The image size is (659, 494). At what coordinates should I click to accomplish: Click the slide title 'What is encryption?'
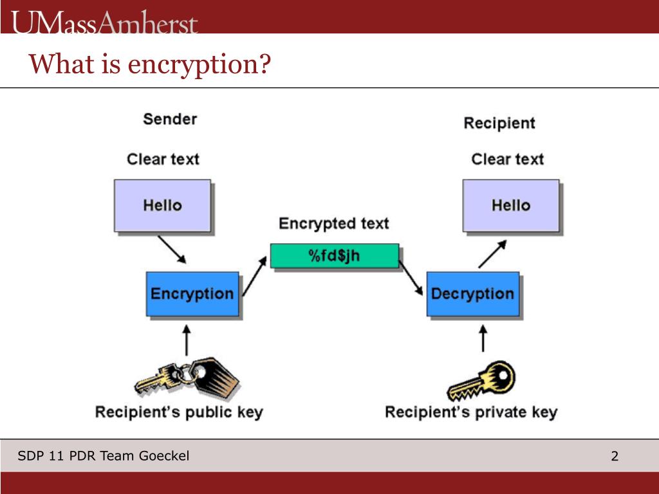[x=149, y=64]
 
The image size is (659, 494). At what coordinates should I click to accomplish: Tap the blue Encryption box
[x=192, y=294]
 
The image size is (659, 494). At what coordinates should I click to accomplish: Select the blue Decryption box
[x=472, y=294]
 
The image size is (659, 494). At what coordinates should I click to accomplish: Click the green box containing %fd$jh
[x=334, y=255]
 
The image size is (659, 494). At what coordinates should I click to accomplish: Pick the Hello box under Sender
[x=162, y=206]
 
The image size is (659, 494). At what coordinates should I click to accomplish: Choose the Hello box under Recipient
[x=511, y=206]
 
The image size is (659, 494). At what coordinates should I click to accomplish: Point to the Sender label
[x=170, y=119]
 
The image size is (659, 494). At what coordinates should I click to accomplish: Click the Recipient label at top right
[x=499, y=123]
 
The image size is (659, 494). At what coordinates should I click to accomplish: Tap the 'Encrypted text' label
[x=333, y=224]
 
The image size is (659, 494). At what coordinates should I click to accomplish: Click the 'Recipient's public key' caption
[x=179, y=412]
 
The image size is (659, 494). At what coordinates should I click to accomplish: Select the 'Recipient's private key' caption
[x=470, y=412]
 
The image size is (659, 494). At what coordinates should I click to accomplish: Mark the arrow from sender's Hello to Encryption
[x=172, y=249]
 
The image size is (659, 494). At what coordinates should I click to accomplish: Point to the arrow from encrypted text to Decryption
[x=411, y=277]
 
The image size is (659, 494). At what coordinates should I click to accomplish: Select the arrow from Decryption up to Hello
[x=492, y=254]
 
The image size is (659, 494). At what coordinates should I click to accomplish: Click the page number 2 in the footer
[x=615, y=457]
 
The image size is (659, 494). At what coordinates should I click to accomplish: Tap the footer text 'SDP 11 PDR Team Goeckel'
[x=104, y=456]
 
